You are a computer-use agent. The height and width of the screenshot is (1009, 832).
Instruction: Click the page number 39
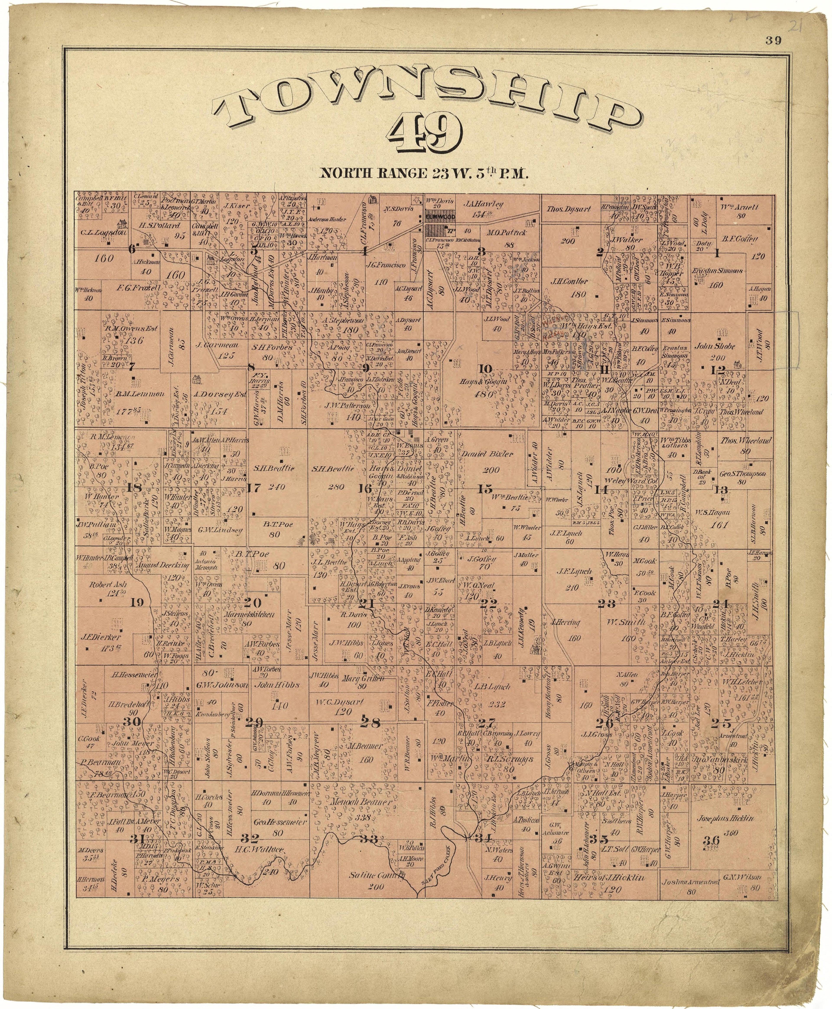(773, 41)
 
